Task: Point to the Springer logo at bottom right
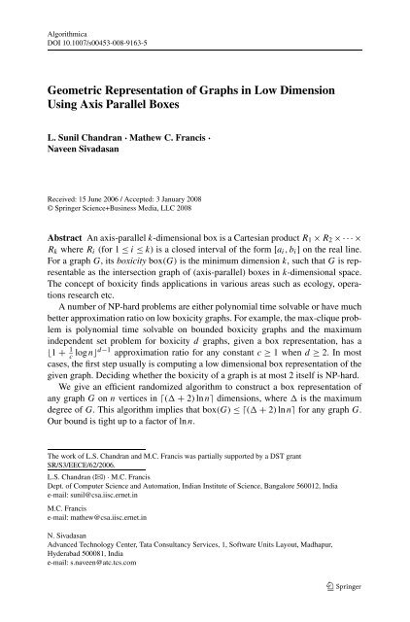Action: (366, 608)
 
